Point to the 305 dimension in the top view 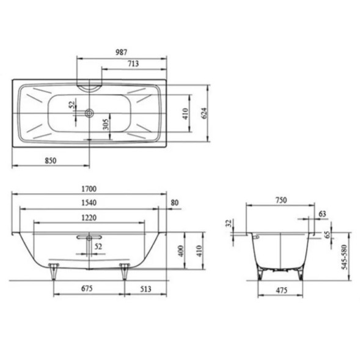[x=106, y=125]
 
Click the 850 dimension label [x=51, y=160]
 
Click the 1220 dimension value [x=89, y=217]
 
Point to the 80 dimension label [x=175, y=202]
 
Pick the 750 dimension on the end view [x=281, y=200]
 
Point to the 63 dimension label [x=322, y=213]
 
